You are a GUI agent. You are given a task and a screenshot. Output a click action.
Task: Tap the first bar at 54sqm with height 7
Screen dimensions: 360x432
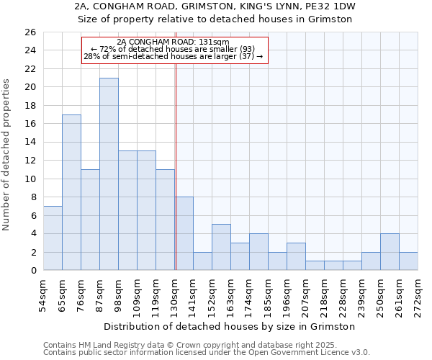tap(53, 238)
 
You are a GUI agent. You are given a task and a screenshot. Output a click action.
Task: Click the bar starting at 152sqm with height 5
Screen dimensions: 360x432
tap(221, 247)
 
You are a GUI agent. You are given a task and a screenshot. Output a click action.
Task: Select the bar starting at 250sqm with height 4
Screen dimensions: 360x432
tap(390, 251)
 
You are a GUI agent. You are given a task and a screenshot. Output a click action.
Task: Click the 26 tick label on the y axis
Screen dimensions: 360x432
tap(30, 32)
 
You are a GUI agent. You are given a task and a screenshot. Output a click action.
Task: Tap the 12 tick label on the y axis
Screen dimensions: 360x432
tap(30, 161)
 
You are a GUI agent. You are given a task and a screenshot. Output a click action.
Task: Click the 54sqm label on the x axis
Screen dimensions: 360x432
tap(44, 294)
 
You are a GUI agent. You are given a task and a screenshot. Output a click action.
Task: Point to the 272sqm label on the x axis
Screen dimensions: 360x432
tap(418, 294)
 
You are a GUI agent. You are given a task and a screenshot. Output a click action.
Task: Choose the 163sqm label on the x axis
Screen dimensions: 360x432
tap(230, 294)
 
